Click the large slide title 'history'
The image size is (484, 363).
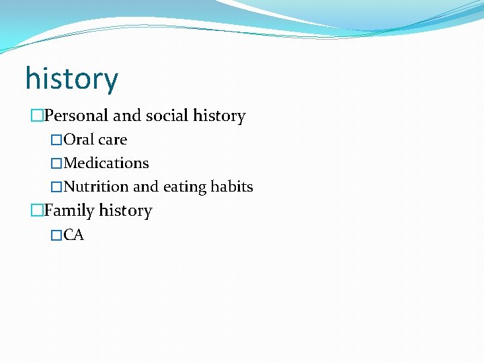71,79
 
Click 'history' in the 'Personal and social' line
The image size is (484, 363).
219,116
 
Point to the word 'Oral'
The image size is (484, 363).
79,140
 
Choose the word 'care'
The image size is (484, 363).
112,140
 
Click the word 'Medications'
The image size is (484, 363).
106,163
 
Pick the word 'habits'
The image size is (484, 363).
232,187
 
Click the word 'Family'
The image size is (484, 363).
70,210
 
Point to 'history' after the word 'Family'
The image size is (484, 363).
126,210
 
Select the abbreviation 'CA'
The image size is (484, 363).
74,235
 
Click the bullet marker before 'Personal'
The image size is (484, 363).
36,116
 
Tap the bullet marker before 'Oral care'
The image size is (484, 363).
56,140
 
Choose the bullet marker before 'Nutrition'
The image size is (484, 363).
56,188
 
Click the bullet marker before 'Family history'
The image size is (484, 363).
36,211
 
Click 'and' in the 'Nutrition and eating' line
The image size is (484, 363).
145,187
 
